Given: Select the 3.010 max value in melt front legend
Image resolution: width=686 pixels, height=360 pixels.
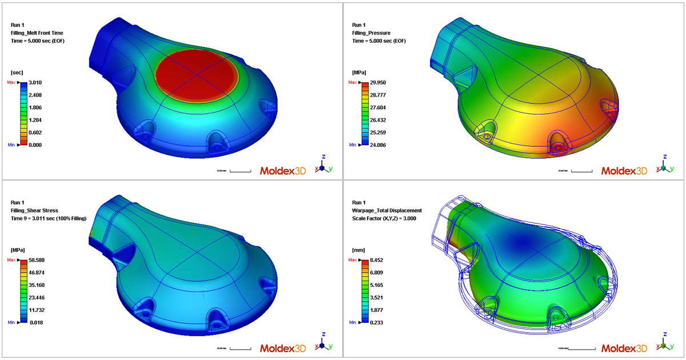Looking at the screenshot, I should (x=35, y=83).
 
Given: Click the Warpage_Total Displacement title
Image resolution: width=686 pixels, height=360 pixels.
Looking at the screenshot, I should (x=386, y=210).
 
